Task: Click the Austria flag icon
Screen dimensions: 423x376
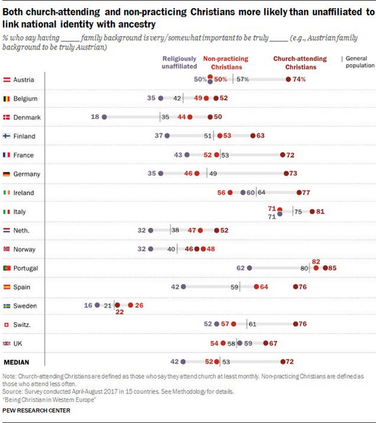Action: [x=7, y=80]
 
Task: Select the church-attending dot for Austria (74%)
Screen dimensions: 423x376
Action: [x=288, y=80]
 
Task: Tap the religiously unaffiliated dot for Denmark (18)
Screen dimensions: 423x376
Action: [x=104, y=117]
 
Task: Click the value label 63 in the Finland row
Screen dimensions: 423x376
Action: [x=261, y=136]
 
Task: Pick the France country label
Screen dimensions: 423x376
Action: [x=23, y=155]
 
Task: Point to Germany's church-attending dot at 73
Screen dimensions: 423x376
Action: [x=286, y=174]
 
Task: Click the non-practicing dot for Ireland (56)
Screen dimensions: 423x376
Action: [x=230, y=193]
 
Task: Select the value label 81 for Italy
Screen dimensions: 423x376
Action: [x=321, y=211]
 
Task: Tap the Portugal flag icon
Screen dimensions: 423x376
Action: [x=7, y=268]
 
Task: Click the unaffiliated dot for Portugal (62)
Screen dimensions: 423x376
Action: [x=249, y=268]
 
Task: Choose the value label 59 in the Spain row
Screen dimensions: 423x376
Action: [x=234, y=287]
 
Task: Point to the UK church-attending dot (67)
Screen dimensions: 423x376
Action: [x=266, y=343]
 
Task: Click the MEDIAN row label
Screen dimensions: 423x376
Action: [x=16, y=362]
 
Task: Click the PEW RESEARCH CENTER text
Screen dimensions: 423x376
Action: [x=36, y=411]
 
